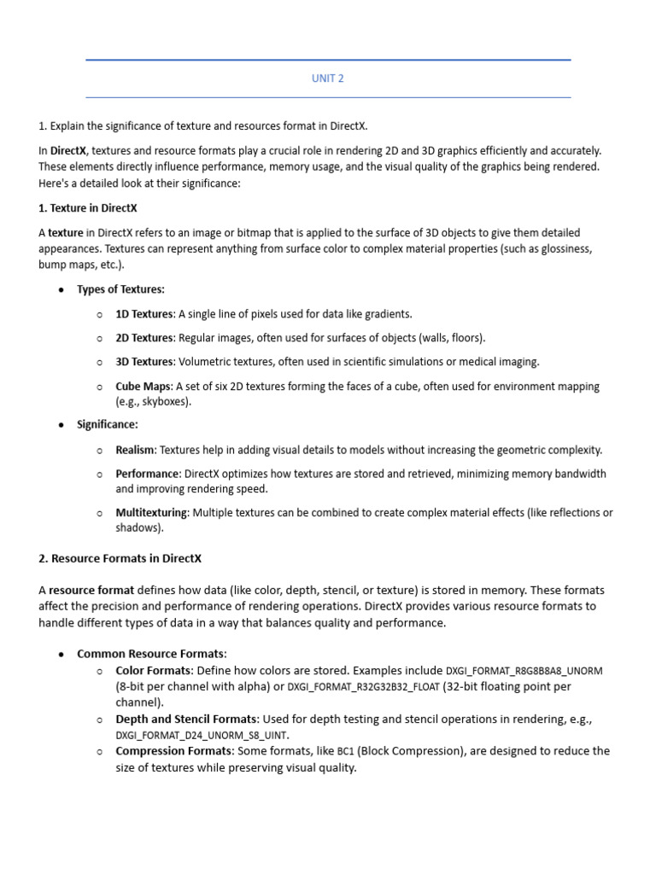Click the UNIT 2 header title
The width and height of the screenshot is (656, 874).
(x=328, y=79)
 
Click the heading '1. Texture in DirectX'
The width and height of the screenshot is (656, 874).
(x=88, y=207)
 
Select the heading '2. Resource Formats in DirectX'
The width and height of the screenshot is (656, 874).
(x=120, y=558)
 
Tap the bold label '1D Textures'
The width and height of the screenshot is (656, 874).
(x=143, y=313)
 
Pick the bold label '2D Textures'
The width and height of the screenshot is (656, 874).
(x=143, y=338)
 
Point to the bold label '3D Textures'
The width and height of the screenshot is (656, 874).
(x=143, y=362)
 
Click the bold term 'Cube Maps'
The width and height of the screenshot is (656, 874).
(x=143, y=387)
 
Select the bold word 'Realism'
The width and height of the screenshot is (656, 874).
(x=135, y=450)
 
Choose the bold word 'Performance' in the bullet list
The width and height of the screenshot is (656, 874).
(x=148, y=474)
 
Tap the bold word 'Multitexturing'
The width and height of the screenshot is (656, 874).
(x=151, y=513)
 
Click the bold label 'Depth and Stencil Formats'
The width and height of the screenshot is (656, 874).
(x=186, y=720)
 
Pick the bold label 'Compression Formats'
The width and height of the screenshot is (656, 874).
(x=173, y=751)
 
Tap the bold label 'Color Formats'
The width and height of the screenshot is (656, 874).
(x=154, y=670)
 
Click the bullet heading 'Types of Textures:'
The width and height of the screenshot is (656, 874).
(x=120, y=289)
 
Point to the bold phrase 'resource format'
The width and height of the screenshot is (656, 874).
(x=91, y=590)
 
